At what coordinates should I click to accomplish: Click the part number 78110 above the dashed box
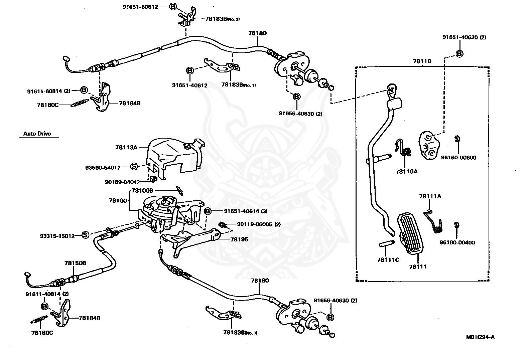coord(422,61)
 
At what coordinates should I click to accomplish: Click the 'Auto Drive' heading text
coord(37,134)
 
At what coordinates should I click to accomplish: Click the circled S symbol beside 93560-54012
coord(134,166)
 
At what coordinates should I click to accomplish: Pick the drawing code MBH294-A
coord(481,337)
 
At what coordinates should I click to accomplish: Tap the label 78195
coord(239,239)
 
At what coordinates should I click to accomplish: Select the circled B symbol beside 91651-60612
coord(173,6)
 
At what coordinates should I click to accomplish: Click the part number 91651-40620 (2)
coord(464,37)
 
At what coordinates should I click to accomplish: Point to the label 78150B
coord(75,263)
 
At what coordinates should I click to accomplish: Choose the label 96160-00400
coord(457,242)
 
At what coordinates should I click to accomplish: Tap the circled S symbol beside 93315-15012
coord(85,235)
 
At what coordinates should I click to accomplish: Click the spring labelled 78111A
coord(433,222)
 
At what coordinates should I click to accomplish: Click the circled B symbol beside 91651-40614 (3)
coord(208,211)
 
